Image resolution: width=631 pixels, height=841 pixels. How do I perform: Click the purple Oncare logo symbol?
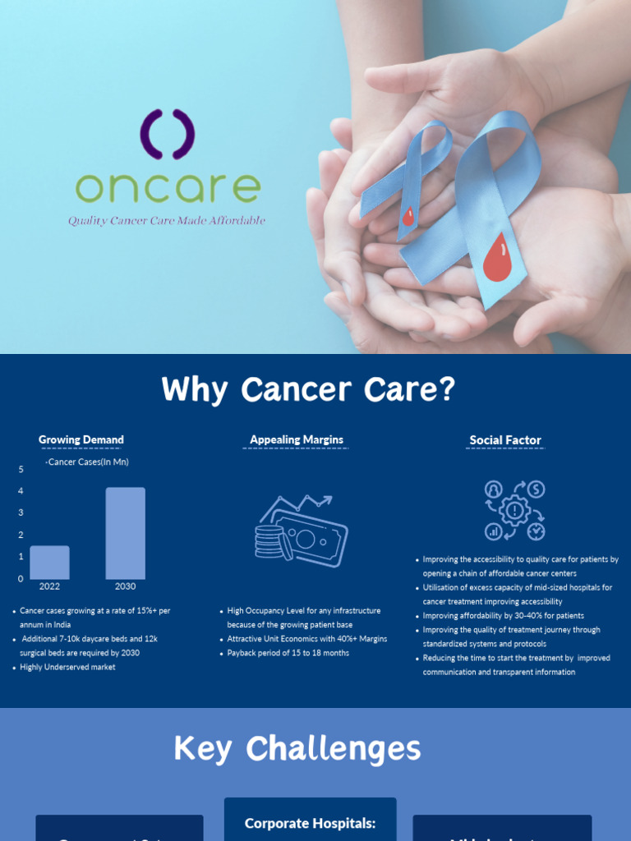(167, 134)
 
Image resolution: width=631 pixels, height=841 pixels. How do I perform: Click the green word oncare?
(168, 187)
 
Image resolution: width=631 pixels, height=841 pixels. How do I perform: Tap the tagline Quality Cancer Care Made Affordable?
(167, 221)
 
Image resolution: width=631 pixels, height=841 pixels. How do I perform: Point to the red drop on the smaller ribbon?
(408, 217)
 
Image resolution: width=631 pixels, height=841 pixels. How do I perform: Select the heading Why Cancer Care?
(308, 389)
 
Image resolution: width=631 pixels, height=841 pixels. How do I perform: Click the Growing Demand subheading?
(81, 440)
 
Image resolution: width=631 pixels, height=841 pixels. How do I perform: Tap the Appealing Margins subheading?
(297, 440)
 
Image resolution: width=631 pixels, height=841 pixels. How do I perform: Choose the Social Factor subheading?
(505, 440)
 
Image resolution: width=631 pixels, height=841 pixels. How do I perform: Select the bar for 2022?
(49, 563)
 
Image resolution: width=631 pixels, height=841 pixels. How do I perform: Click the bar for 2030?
(125, 534)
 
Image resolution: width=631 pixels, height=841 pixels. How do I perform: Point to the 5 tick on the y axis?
(21, 469)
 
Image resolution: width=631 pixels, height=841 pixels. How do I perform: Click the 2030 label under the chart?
(125, 586)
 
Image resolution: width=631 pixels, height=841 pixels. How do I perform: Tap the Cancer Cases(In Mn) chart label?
(88, 462)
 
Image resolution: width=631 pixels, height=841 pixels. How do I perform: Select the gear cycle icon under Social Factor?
(514, 511)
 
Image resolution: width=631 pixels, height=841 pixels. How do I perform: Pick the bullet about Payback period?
(288, 653)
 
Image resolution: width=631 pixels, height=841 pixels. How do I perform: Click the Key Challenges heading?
(297, 749)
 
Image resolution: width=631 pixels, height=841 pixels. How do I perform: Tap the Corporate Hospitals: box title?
(310, 823)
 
